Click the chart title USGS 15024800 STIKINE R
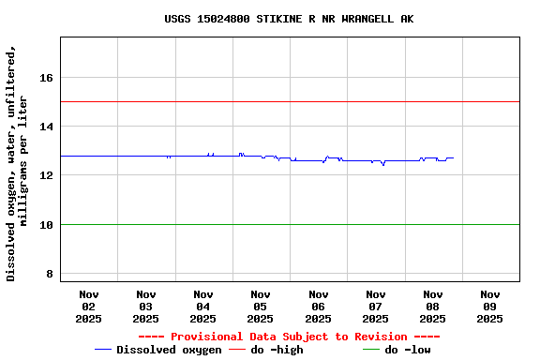point(289,19)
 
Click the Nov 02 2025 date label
point(89,307)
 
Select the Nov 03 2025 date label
point(146,307)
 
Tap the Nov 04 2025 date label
point(203,307)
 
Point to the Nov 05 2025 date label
point(261,307)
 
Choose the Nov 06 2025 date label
point(318,307)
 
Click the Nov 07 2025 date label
point(376,307)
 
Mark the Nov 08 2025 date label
point(433,307)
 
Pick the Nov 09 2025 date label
point(490,307)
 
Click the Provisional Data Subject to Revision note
point(289,337)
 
